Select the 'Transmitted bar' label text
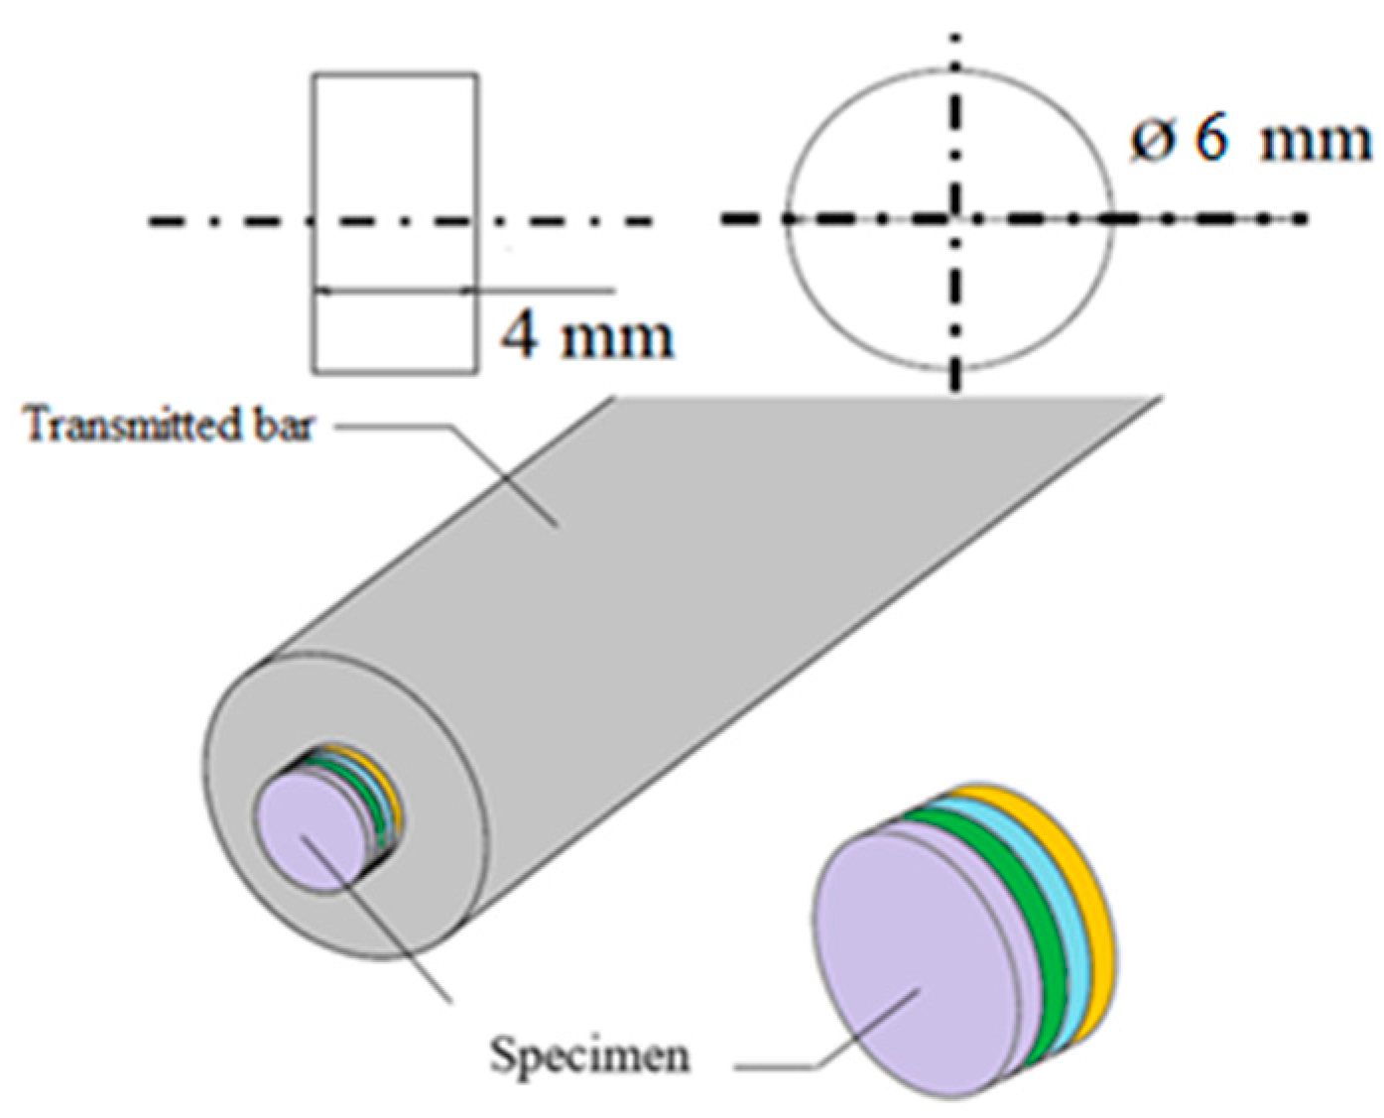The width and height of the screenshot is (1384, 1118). pos(169,427)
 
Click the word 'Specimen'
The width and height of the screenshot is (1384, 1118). pos(589,1056)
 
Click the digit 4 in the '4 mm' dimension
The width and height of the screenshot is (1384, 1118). pos(520,337)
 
